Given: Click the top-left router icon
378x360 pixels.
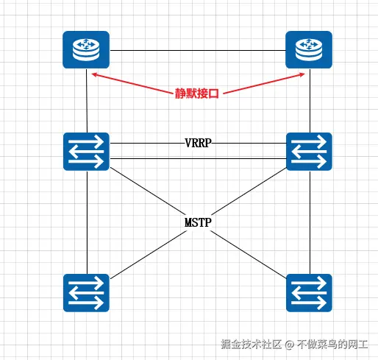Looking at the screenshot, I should click(x=86, y=50).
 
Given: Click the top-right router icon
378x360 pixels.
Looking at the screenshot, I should click(x=309, y=50).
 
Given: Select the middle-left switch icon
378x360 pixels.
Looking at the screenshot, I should click(x=86, y=151).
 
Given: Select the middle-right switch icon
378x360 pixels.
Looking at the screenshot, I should click(x=309, y=151).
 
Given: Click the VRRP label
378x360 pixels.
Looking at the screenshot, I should click(x=199, y=143).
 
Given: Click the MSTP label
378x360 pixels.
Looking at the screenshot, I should click(x=199, y=221).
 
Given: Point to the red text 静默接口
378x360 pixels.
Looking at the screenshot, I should click(x=198, y=93).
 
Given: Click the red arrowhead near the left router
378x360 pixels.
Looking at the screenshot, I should click(x=93, y=74).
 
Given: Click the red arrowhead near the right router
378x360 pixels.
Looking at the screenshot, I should click(x=304, y=74).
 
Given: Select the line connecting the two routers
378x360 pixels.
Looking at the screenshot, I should click(x=197, y=50).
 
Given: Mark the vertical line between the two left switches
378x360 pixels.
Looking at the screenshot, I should click(x=87, y=221).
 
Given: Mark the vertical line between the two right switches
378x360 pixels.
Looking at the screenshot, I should click(x=310, y=221).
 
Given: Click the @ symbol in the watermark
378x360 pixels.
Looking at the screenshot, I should click(x=290, y=344).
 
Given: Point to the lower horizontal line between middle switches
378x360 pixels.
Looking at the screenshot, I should click(x=197, y=158).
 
